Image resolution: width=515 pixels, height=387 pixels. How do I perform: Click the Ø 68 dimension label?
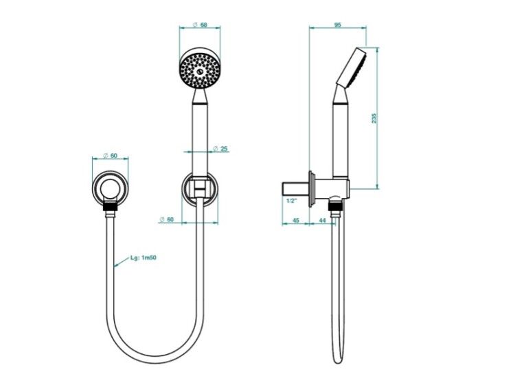(200, 25)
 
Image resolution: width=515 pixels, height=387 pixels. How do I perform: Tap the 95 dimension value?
(337, 25)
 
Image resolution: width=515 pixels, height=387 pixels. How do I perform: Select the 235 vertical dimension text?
(374, 118)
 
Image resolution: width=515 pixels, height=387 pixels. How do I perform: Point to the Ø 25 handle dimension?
(220, 149)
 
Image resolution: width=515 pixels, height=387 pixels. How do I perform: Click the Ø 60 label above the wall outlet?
(111, 156)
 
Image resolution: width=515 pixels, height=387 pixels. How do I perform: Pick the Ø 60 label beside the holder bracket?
(167, 219)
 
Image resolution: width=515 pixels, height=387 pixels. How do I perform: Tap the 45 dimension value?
(295, 220)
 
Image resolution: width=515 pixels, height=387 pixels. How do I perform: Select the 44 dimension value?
(323, 220)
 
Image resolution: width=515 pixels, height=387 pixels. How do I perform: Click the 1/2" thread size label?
(292, 201)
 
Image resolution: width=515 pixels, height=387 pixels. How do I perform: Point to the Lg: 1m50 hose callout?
(144, 258)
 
